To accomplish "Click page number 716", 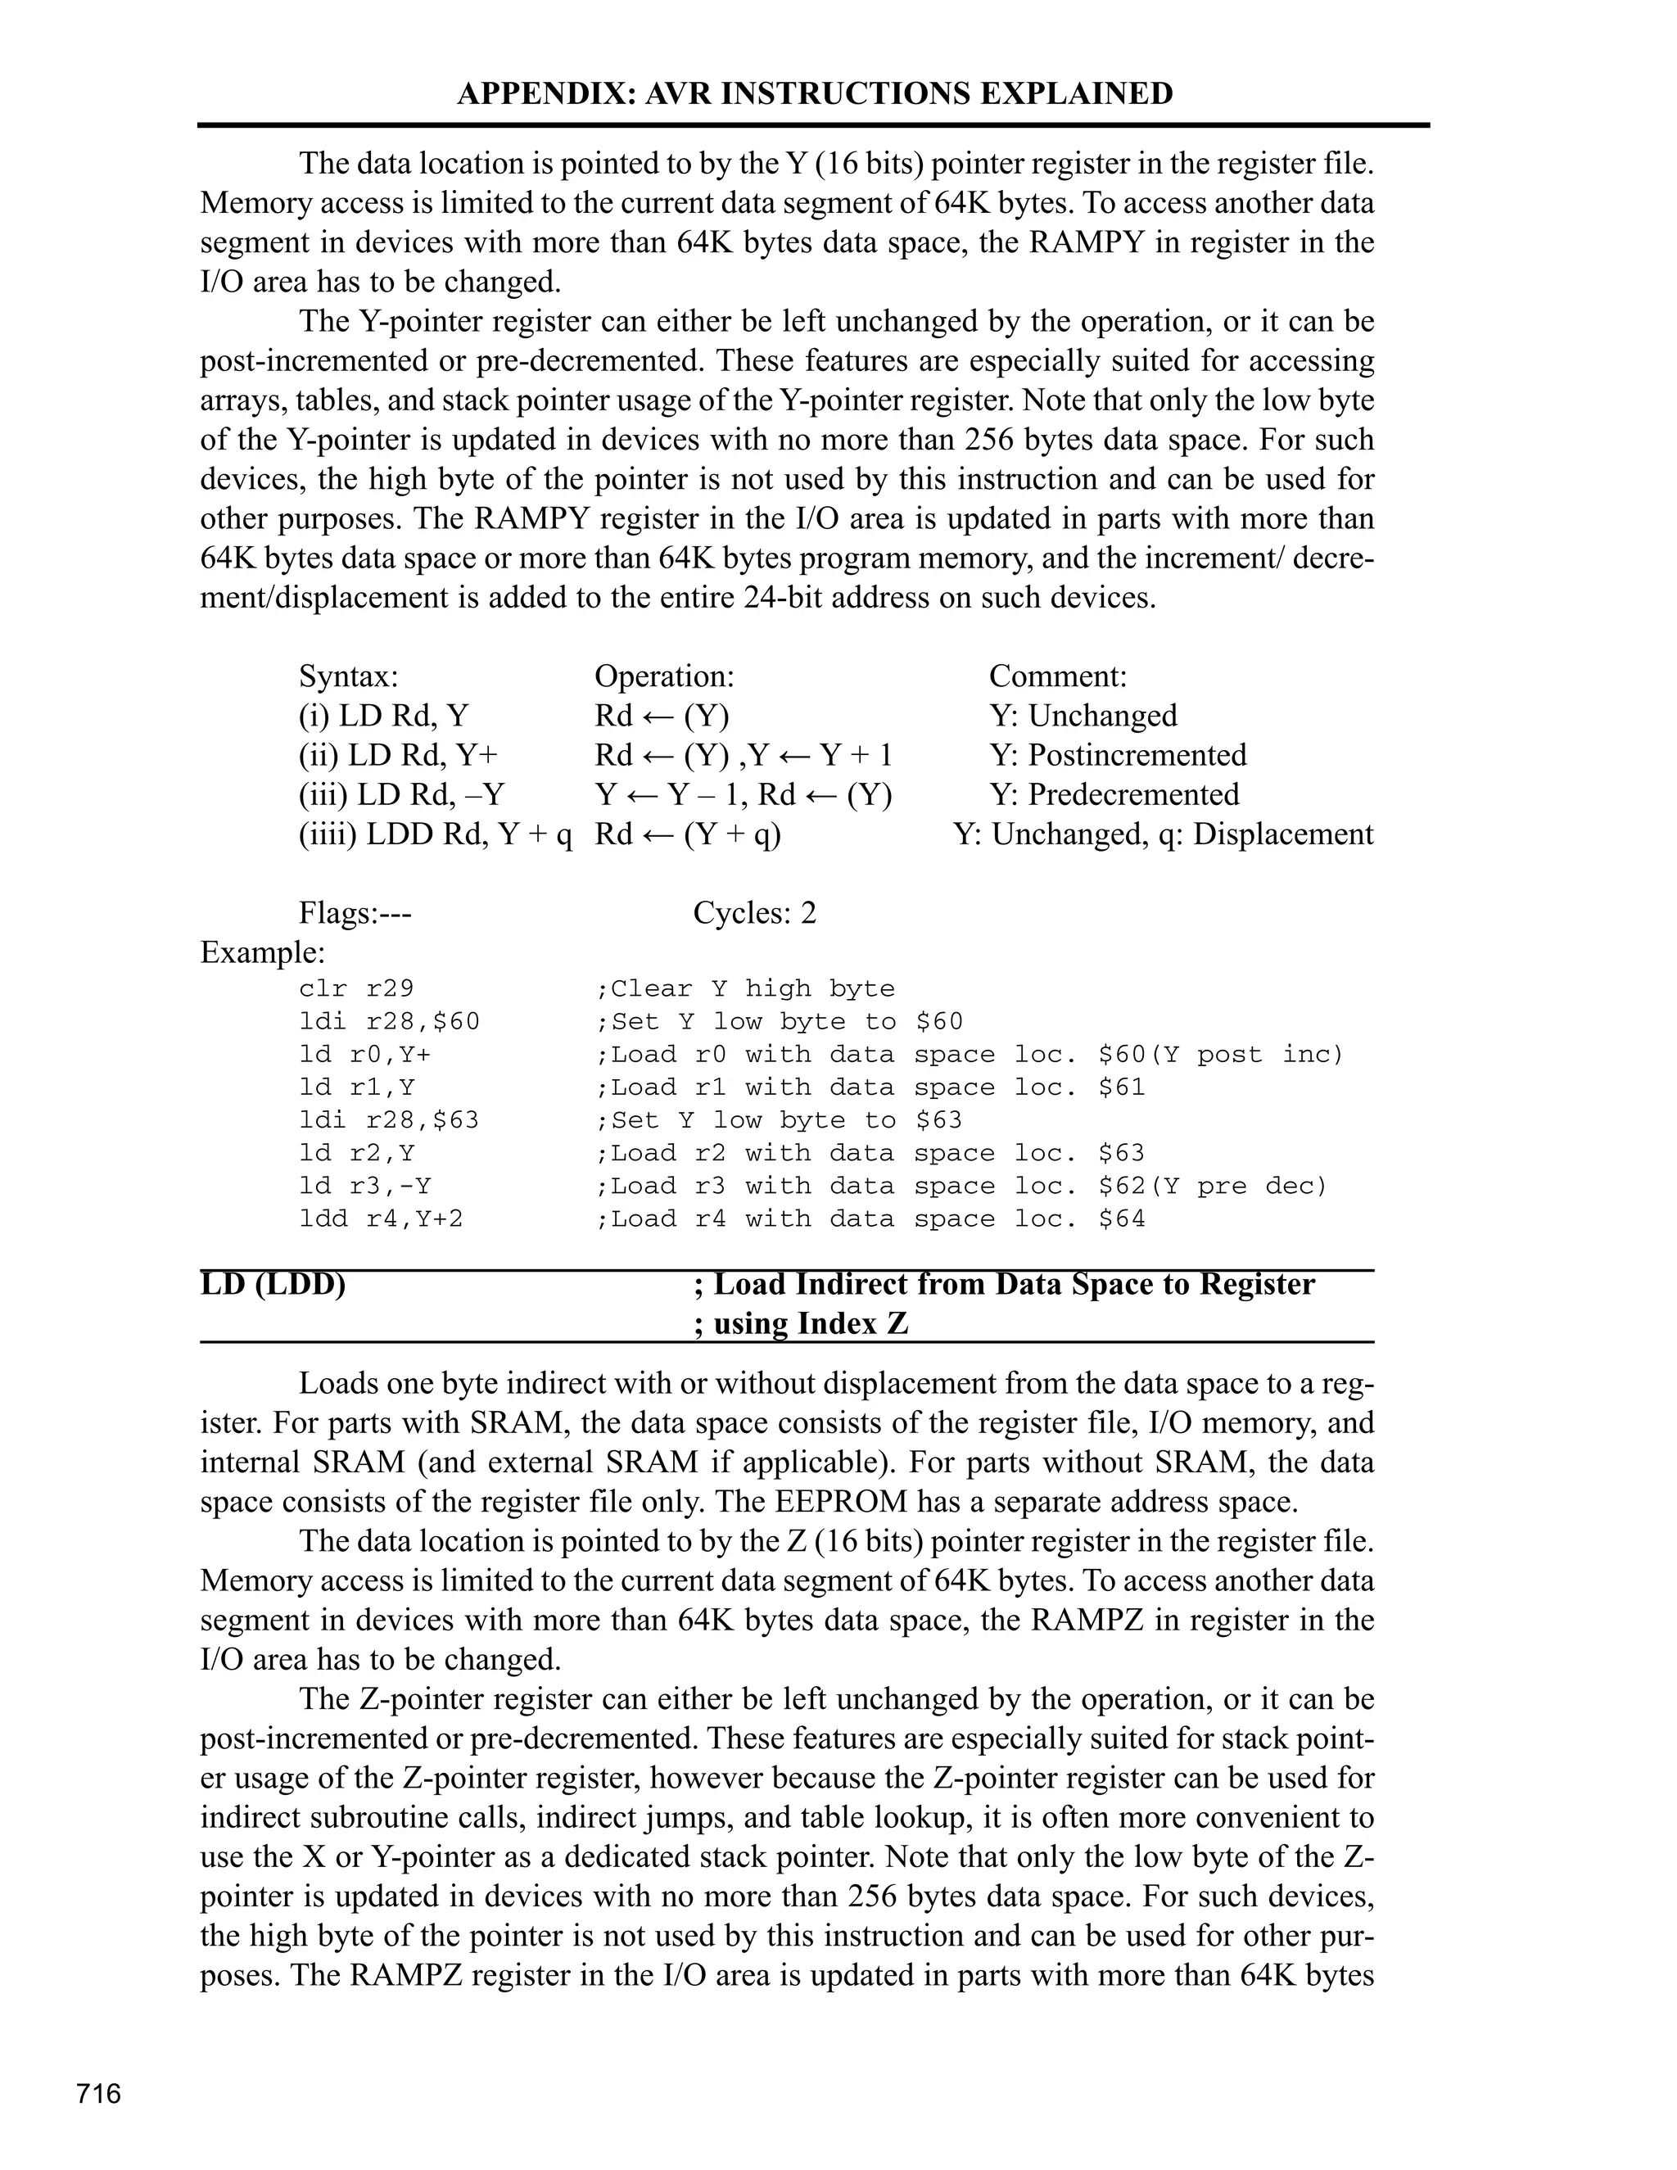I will point(98,2094).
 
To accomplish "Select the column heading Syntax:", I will point(349,676).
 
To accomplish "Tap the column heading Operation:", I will point(663,676).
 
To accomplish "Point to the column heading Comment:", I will point(1058,676).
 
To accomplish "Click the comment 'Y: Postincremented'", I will point(1118,755).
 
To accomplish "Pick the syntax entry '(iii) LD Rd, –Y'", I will point(401,795).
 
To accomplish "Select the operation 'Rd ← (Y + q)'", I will point(688,834).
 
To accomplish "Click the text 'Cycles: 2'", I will point(754,913).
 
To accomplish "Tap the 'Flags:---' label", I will point(355,913).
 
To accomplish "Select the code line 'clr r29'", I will point(355,988).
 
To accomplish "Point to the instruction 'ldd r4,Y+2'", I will point(381,1218).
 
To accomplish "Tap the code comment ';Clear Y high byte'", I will point(744,988).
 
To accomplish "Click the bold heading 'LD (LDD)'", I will point(273,1285).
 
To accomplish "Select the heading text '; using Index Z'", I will point(801,1324).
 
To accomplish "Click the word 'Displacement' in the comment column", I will point(1282,834).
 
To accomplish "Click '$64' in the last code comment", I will point(1122,1218).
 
